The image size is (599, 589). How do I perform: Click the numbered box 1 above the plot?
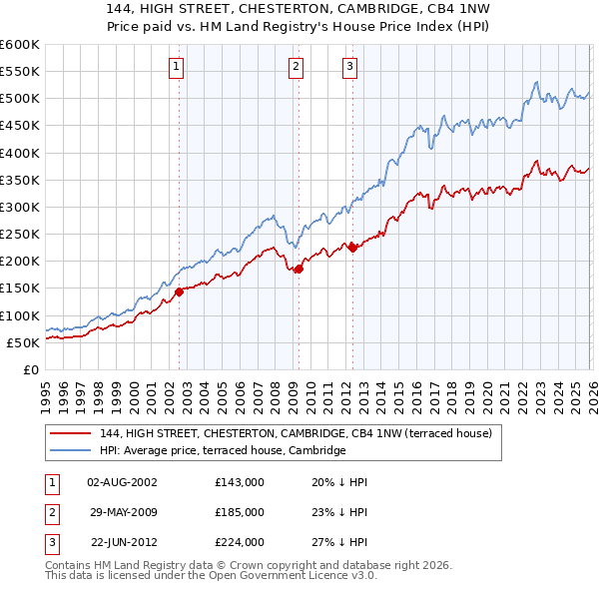coord(176,67)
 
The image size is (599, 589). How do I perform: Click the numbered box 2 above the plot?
coord(297,67)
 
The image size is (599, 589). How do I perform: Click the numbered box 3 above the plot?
coord(351,67)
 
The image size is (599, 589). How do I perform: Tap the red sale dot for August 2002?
coord(180,292)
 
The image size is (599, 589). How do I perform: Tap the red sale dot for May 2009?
coord(299,269)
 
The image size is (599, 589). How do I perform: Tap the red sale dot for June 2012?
coord(352,248)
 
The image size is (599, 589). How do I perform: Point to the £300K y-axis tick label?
coord(19,207)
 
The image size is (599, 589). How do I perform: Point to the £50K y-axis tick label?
coord(23,342)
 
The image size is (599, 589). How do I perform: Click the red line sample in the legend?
coord(71,433)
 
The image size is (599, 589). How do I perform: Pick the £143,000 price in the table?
coord(240,481)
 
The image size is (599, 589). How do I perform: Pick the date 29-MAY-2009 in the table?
coord(122,512)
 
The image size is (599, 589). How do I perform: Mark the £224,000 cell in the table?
coord(240,543)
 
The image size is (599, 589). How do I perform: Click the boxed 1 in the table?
coord(49,481)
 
